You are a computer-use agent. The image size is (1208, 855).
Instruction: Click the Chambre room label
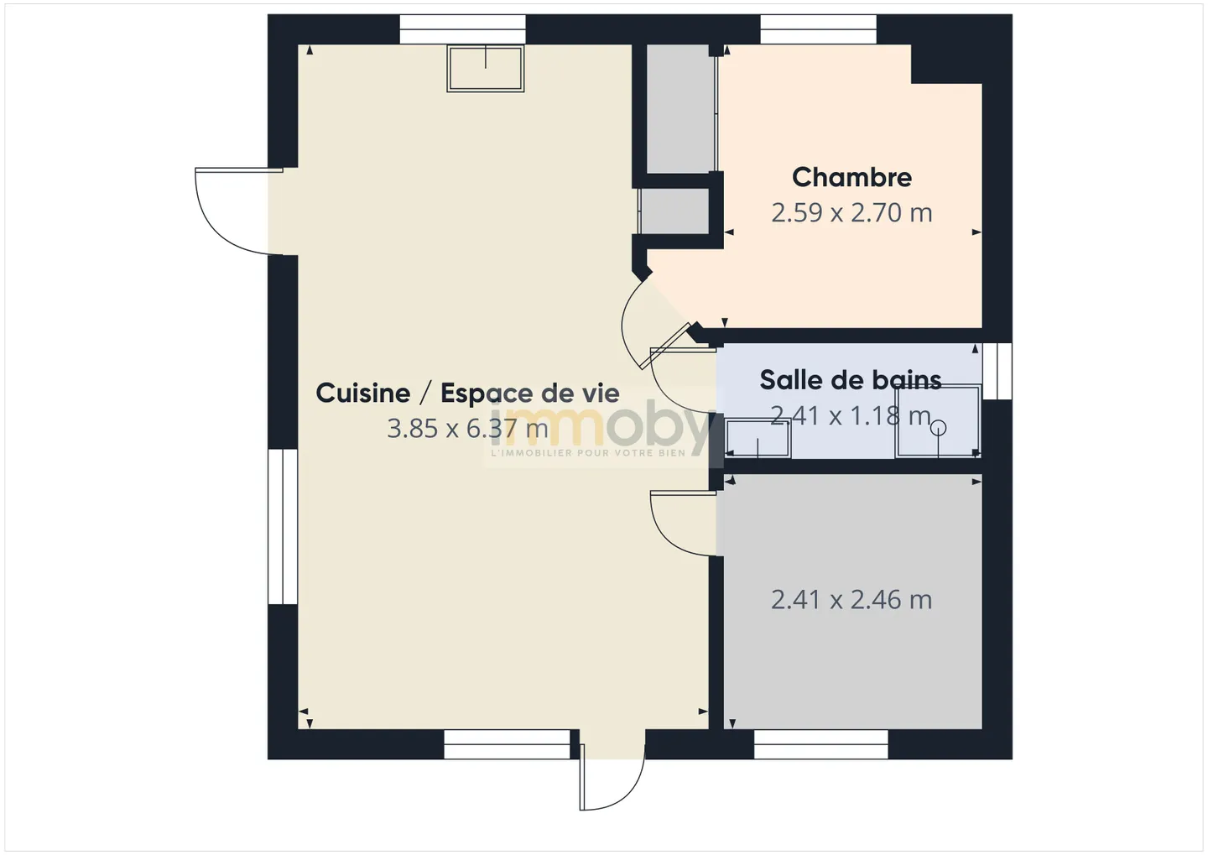(851, 178)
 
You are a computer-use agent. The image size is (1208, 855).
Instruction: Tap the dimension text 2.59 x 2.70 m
(851, 212)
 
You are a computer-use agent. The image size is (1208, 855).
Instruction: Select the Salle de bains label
(851, 380)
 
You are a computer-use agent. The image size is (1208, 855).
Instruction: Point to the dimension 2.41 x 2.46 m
(851, 599)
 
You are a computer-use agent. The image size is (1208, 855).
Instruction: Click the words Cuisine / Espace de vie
(467, 393)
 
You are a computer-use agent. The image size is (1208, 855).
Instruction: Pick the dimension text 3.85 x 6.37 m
(467, 429)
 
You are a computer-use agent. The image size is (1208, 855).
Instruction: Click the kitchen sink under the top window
(486, 69)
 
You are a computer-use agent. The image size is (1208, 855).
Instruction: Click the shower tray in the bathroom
(938, 420)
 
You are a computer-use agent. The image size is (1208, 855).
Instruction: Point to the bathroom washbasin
(758, 438)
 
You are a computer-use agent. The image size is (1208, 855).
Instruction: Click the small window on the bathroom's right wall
(997, 371)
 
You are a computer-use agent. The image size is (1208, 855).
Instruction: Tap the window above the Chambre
(818, 29)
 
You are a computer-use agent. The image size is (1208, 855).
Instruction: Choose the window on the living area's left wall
(283, 526)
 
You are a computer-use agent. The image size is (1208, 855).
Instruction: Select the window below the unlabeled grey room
(820, 744)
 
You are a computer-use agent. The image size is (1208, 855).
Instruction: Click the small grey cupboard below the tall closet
(674, 211)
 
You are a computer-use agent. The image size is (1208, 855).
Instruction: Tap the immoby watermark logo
(599, 430)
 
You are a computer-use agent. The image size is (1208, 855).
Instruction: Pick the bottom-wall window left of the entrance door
(507, 744)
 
